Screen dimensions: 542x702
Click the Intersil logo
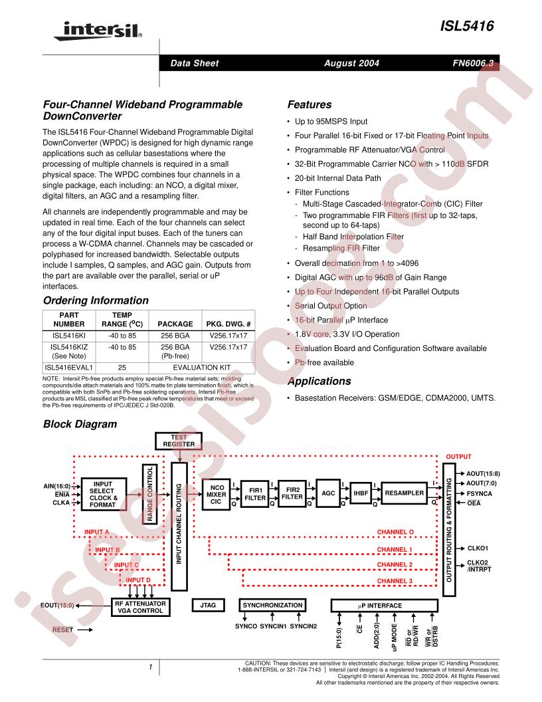coord(98,31)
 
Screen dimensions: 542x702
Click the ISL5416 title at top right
coord(467,26)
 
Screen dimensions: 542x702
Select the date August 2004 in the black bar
coord(351,63)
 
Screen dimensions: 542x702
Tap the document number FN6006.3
coord(473,63)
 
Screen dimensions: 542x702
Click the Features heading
coord(310,104)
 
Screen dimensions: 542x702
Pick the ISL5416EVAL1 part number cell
coord(69,368)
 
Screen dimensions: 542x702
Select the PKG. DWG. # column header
coord(228,324)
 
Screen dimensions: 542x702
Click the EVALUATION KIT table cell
coord(202,368)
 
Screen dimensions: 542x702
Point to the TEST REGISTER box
coord(179,441)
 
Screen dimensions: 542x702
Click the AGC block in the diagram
coord(328,493)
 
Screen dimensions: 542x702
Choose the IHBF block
coord(361,493)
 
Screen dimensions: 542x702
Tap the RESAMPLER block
coord(405,493)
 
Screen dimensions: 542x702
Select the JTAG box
coord(208,606)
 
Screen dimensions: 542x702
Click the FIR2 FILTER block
coord(292,493)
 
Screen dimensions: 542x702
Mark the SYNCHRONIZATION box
coord(272,606)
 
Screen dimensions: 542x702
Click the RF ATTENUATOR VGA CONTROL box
coord(140,607)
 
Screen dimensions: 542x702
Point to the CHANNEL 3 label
coord(395,581)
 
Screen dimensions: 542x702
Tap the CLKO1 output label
coord(478,548)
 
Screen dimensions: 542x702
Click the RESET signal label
coord(62,630)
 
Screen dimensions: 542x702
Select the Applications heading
coord(319,381)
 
